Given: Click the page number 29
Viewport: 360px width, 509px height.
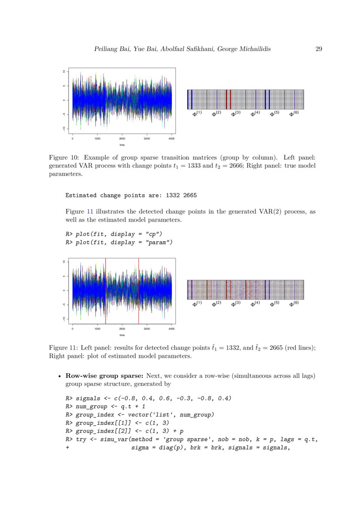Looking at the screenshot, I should tap(318, 49).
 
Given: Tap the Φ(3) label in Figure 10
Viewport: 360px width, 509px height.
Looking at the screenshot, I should tap(236, 114).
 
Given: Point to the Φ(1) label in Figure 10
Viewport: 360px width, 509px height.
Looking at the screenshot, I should tap(197, 114).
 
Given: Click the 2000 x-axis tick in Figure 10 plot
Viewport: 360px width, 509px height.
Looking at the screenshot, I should tap(122, 138).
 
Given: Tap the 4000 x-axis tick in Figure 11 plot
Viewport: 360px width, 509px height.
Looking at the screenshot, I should tap(172, 329).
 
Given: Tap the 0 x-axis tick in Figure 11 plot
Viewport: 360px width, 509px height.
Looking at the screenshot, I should tap(72, 329).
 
